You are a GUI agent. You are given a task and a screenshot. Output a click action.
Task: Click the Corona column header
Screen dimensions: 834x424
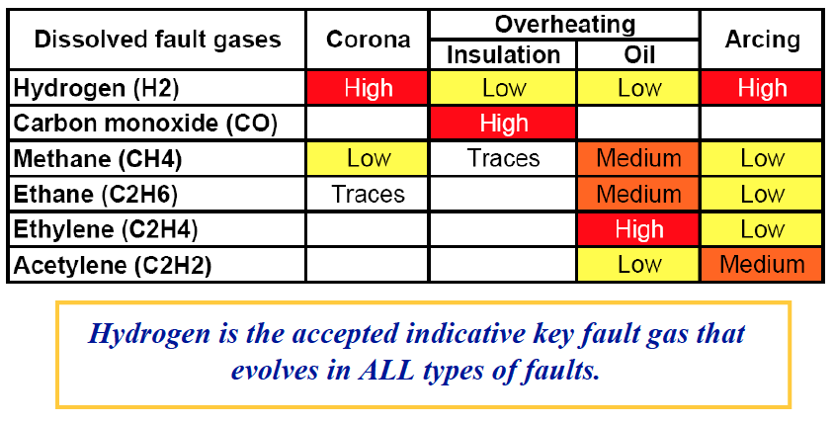tap(368, 40)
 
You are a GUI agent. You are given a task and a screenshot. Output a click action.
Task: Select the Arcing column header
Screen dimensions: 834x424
tap(762, 40)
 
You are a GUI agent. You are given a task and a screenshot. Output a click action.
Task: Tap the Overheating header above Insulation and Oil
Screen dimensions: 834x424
tap(565, 25)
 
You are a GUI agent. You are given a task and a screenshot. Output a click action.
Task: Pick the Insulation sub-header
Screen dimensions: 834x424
tap(503, 54)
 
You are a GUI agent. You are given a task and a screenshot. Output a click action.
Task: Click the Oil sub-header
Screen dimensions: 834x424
tap(639, 54)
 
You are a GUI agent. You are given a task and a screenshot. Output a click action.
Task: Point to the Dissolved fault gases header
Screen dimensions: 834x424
tap(157, 40)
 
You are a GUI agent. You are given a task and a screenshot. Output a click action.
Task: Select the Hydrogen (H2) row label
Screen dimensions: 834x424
tap(96, 88)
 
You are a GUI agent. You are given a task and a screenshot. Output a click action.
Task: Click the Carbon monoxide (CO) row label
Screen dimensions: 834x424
tap(145, 124)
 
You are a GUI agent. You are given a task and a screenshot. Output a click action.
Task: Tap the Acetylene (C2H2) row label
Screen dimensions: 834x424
tap(113, 265)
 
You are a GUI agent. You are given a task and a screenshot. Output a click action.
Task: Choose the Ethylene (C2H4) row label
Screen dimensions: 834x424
tap(106, 230)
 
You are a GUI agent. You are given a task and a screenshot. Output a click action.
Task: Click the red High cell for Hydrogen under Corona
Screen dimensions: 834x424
tap(368, 88)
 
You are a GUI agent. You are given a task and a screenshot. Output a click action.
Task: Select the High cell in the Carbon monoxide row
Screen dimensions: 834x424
tap(503, 123)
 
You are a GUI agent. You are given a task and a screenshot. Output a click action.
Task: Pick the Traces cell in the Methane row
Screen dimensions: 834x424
tap(503, 158)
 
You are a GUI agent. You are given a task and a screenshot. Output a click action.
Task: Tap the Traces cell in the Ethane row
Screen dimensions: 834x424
tap(368, 194)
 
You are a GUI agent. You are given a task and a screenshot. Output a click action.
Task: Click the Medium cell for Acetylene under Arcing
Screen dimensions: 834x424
tap(762, 265)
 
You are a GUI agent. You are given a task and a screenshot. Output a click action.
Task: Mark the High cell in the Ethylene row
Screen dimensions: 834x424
tap(638, 229)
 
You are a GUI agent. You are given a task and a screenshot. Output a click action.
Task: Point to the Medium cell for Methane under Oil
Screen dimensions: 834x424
tap(638, 158)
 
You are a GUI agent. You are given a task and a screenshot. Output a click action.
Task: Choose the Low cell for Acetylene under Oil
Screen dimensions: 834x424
tap(638, 265)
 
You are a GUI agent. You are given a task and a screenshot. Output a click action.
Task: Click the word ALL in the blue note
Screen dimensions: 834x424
tap(385, 371)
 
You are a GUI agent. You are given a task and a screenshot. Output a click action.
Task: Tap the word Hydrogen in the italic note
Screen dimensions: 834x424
tap(149, 335)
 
